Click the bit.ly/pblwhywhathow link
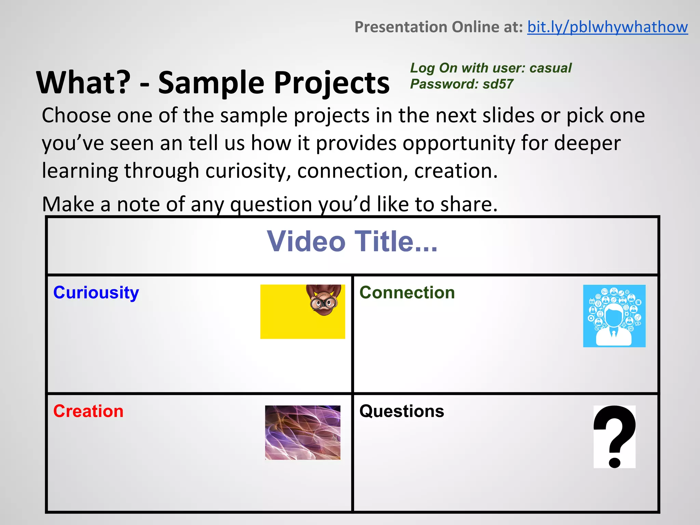(607, 27)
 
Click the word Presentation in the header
(402, 27)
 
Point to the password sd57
(498, 84)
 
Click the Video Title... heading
(352, 241)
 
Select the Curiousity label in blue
(96, 293)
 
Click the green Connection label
(407, 293)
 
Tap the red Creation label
(88, 411)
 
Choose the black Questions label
(402, 411)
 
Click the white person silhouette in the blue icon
(614, 325)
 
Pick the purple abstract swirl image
(302, 432)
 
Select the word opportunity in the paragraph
(458, 143)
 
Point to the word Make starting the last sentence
(68, 204)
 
